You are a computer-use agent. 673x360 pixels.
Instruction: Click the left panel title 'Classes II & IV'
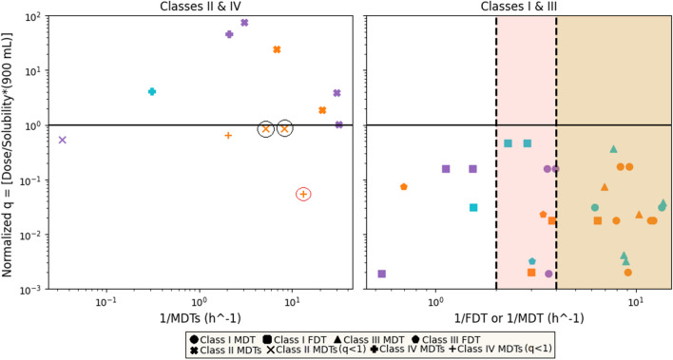(201, 7)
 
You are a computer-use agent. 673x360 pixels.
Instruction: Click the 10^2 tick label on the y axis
(26, 17)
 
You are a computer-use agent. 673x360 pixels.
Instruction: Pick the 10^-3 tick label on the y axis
(26, 289)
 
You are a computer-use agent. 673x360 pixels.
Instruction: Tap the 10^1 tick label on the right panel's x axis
(635, 301)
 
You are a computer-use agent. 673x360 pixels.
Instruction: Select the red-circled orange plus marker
(303, 194)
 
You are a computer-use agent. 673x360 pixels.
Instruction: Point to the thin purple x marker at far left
(63, 140)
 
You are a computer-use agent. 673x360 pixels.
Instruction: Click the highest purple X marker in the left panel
(244, 22)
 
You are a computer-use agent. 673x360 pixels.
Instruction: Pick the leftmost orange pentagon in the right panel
(404, 187)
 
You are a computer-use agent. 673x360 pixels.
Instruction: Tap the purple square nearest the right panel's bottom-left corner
(382, 274)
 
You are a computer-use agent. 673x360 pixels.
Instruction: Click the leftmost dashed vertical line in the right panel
(496, 152)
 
